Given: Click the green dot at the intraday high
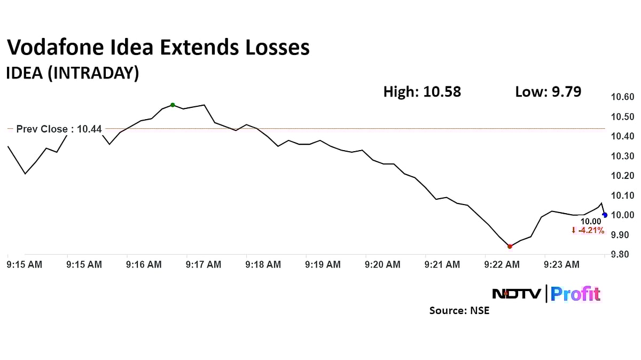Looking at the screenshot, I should (x=173, y=105).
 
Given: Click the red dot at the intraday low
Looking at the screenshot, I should (x=510, y=246).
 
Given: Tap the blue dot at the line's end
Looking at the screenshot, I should (x=605, y=215).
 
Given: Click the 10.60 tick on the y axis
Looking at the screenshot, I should (x=622, y=97).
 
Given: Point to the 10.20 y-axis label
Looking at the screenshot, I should (x=622, y=176).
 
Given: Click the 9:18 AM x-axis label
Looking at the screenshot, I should (x=263, y=264).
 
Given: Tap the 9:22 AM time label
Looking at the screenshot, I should (x=502, y=264).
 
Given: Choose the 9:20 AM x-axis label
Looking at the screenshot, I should (x=382, y=264).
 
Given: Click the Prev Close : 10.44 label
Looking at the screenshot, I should (x=59, y=129).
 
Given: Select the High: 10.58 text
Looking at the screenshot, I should (x=422, y=92).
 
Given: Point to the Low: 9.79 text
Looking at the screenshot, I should (x=548, y=92).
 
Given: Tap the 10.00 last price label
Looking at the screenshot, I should (x=591, y=222).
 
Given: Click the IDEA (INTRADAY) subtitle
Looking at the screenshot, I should (x=72, y=73).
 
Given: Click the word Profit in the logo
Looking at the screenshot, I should (x=575, y=294).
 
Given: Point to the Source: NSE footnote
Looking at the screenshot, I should (x=459, y=310).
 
